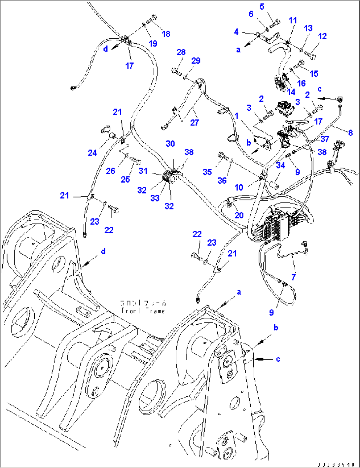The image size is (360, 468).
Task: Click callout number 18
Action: (166, 34)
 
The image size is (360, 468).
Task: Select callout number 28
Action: (181, 52)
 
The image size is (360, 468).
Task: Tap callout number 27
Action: (195, 123)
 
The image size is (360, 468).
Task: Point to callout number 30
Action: (170, 144)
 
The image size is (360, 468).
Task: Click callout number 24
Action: (92, 153)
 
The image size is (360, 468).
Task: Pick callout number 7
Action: (293, 277)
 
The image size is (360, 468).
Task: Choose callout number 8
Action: (350, 132)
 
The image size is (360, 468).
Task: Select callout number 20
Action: (239, 215)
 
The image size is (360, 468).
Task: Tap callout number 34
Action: (280, 165)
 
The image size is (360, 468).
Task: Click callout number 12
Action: (322, 36)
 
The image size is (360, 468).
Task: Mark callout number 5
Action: (262, 7)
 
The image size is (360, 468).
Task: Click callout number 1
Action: (236, 116)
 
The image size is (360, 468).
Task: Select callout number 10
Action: (239, 188)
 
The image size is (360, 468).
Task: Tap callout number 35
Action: (207, 172)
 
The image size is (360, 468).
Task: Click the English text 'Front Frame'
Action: (143, 311)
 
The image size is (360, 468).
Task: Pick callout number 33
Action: (155, 198)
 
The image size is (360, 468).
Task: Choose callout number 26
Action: (111, 171)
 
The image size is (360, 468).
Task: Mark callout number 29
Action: (196, 61)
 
